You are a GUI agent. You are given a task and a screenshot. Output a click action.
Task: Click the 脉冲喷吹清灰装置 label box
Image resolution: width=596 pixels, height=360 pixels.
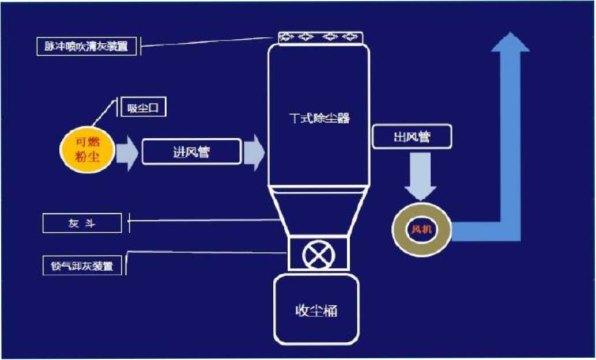[86, 46]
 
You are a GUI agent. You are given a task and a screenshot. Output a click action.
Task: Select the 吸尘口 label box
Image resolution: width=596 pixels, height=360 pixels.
[144, 108]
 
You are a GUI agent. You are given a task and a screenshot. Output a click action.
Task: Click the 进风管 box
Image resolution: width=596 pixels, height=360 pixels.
[191, 151]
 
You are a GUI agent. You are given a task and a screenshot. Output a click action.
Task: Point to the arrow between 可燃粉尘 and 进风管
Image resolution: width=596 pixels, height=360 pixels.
[127, 153]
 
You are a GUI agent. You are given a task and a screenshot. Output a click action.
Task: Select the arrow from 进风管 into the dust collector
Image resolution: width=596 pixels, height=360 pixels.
[254, 153]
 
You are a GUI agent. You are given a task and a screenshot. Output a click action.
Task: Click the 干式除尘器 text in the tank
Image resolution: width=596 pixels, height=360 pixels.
[320, 119]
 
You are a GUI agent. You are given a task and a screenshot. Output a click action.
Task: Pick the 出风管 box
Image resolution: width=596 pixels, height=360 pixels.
[412, 137]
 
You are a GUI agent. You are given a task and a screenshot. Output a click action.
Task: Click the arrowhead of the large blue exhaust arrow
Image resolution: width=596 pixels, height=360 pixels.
[510, 42]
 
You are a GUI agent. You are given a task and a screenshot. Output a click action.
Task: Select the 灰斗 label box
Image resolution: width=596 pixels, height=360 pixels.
[82, 223]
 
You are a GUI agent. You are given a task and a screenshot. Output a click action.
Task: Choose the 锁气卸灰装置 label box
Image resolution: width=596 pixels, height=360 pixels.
[82, 266]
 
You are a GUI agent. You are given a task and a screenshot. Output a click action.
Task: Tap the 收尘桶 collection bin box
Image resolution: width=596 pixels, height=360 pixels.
[316, 309]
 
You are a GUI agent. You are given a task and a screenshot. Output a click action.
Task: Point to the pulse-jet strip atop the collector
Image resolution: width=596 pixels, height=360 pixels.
[320, 38]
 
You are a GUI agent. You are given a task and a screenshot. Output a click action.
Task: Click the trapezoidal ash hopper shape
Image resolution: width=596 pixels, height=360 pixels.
[319, 212]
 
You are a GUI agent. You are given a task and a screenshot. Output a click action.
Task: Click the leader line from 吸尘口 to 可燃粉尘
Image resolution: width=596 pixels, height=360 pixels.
[103, 113]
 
